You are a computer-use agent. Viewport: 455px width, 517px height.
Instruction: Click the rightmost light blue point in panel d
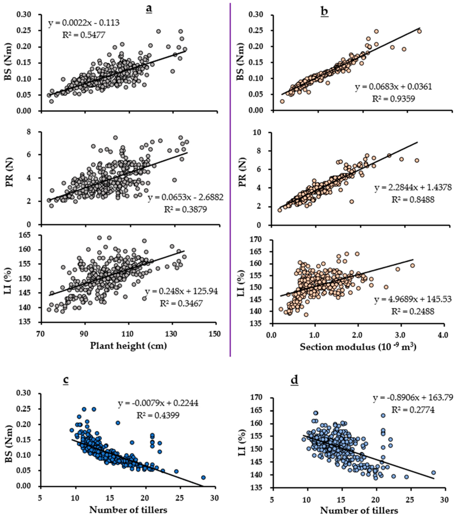click(x=433, y=473)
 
